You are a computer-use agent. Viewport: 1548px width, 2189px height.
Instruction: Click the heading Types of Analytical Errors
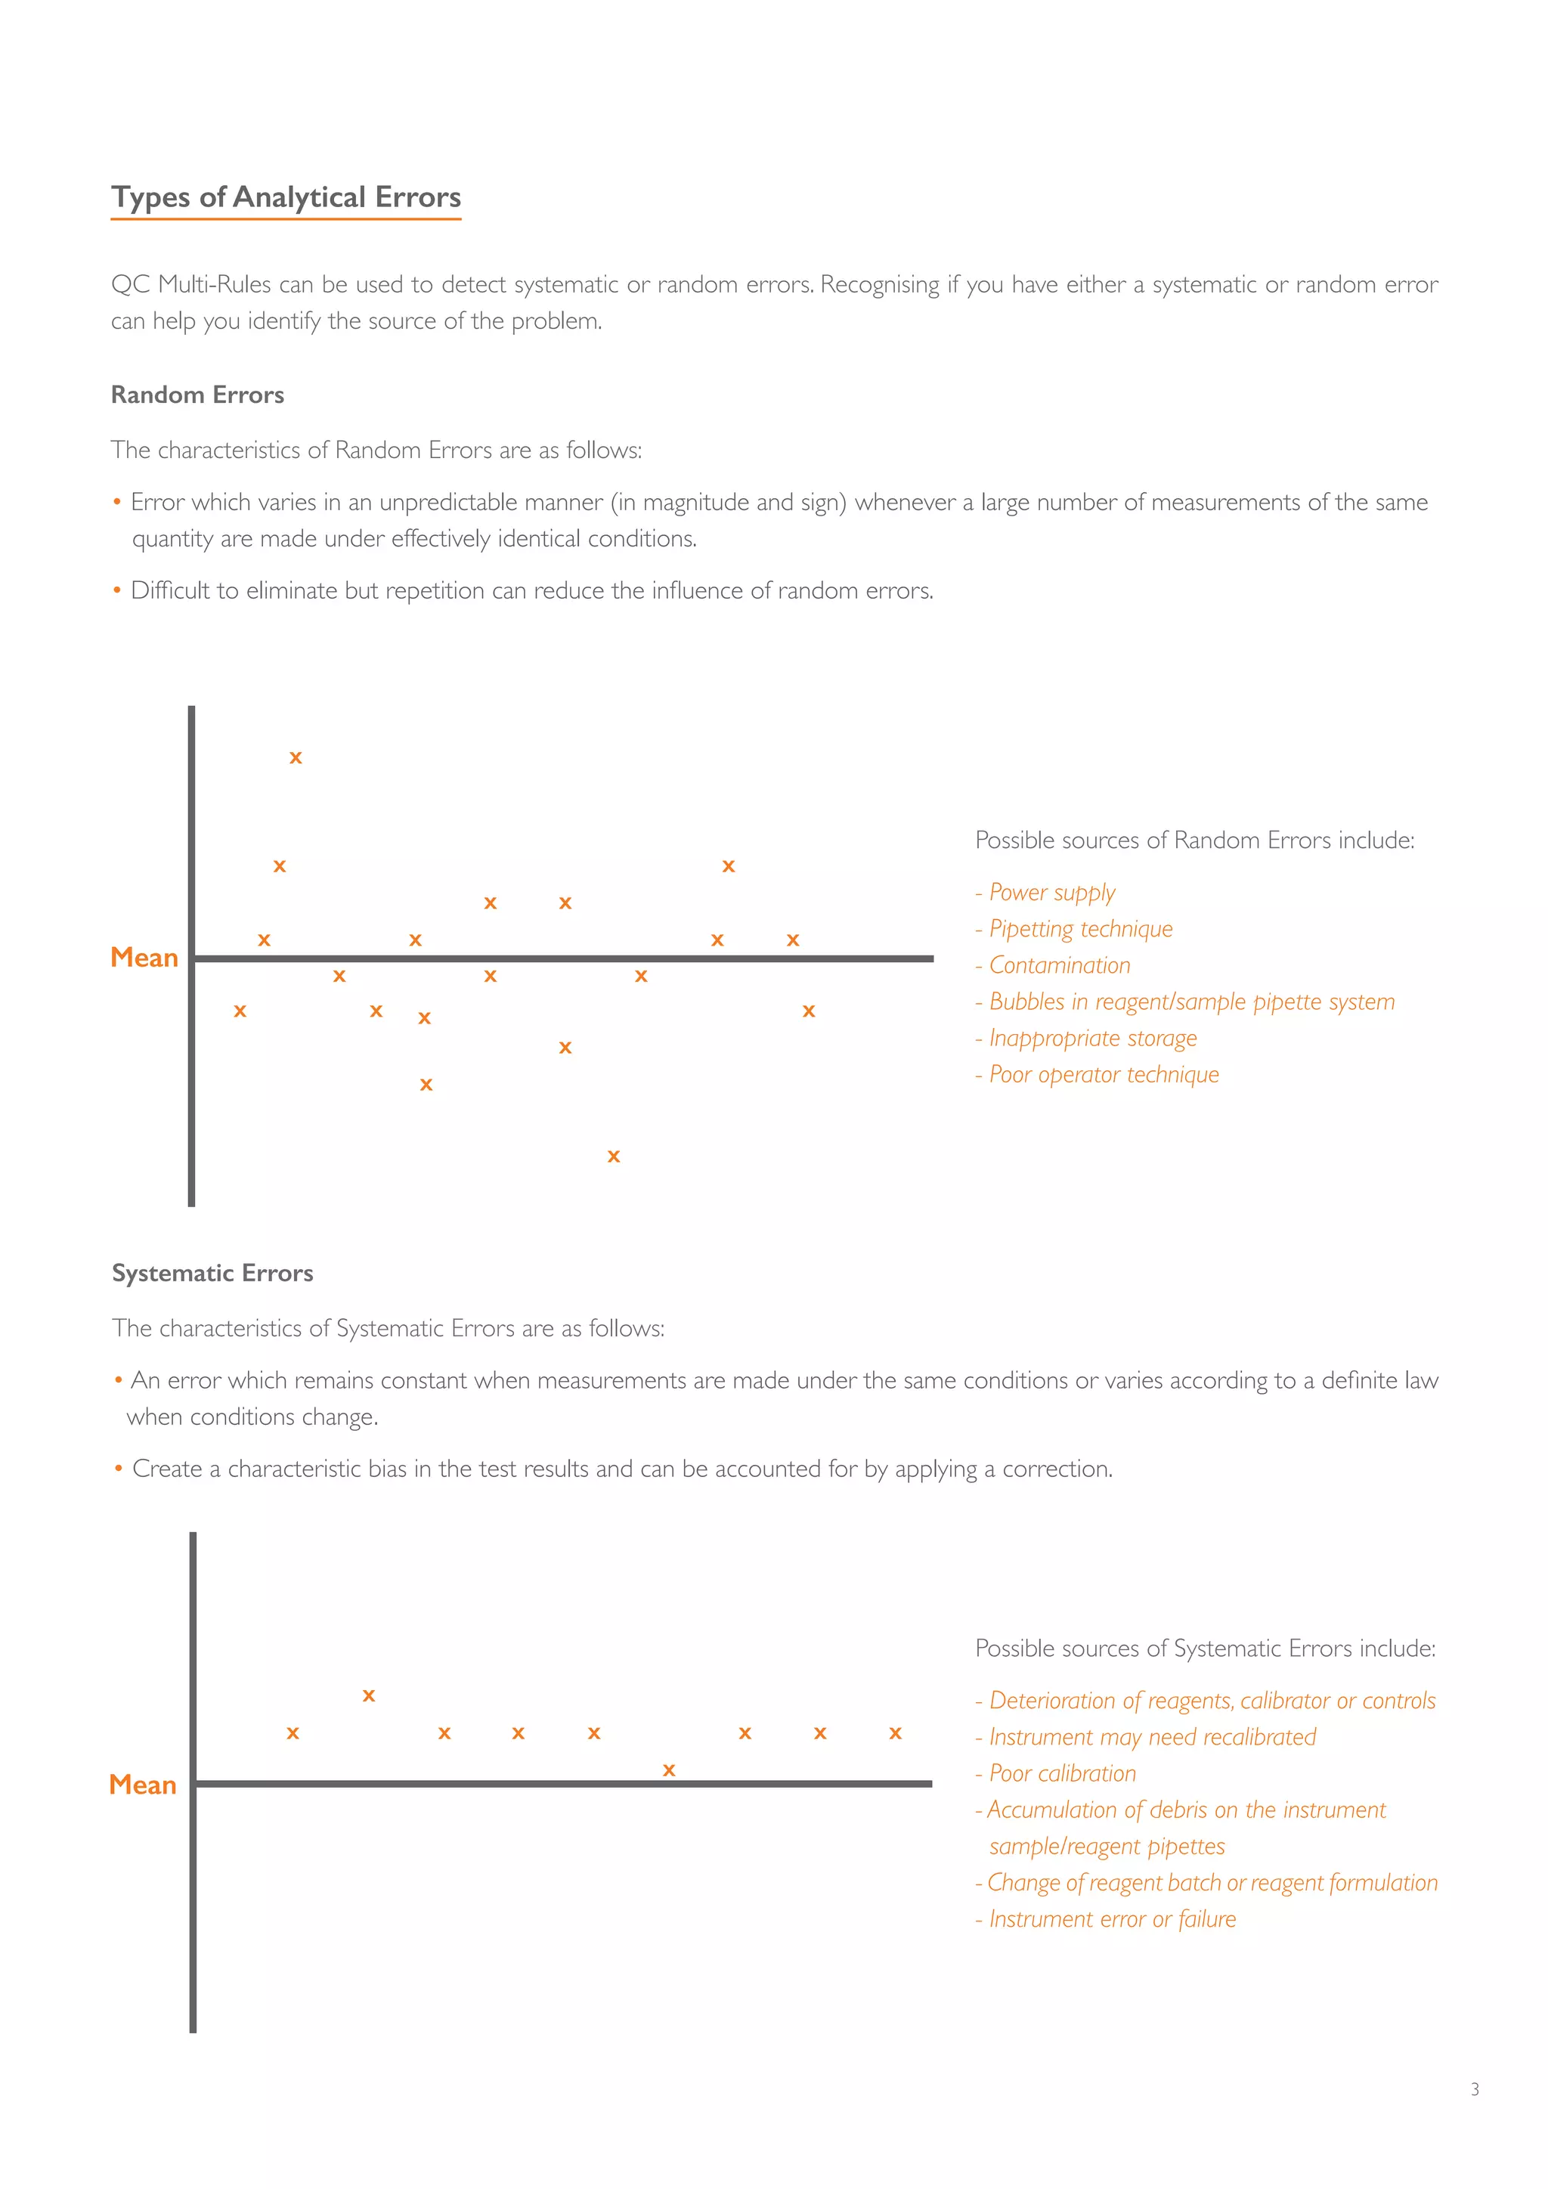[286, 197]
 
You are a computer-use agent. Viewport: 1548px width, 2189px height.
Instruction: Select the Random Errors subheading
[197, 395]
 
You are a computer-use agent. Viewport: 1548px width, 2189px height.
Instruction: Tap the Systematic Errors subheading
[212, 1273]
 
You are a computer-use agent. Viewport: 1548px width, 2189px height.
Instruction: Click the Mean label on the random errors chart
[144, 957]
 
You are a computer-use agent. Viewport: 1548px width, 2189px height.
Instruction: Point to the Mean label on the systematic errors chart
[143, 1785]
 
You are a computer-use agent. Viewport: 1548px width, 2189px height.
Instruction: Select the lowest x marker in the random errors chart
[614, 1156]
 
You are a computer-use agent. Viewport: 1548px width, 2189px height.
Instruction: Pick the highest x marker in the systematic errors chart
[369, 1696]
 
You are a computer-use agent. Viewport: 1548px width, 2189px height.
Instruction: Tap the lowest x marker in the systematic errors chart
[669, 1770]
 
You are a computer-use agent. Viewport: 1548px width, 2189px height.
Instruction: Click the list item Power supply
[1051, 893]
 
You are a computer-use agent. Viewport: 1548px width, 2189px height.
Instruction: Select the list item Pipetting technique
[1080, 929]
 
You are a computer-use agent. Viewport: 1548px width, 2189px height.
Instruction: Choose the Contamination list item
[1059, 964]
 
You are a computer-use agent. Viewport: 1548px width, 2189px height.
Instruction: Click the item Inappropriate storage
[1092, 1039]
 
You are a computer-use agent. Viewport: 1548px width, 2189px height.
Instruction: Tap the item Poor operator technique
[1104, 1075]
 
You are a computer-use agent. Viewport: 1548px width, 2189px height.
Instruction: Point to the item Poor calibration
[1062, 1773]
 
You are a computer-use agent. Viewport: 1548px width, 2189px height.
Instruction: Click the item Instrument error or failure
[1111, 1919]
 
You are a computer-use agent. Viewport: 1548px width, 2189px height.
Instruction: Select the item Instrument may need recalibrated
[1151, 1737]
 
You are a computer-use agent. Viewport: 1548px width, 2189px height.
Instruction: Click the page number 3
[1475, 2090]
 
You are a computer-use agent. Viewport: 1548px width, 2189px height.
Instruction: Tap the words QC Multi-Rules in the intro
[190, 284]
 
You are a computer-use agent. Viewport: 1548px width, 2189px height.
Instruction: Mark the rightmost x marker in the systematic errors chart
[895, 1733]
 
